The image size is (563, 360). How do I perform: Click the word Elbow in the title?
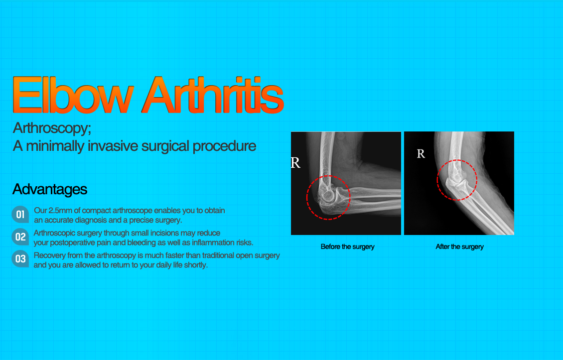pyautogui.click(x=74, y=95)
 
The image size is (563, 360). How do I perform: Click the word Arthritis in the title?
pyautogui.click(x=212, y=95)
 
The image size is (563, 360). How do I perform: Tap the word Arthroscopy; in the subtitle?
pyautogui.click(x=52, y=128)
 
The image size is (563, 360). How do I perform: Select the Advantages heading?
pyautogui.click(x=50, y=189)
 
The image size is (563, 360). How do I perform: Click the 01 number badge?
pyautogui.click(x=20, y=215)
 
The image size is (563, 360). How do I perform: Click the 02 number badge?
pyautogui.click(x=20, y=237)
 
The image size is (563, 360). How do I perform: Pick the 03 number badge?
pyautogui.click(x=20, y=259)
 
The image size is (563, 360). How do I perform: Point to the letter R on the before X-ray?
pyautogui.click(x=295, y=163)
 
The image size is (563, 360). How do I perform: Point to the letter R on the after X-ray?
pyautogui.click(x=421, y=154)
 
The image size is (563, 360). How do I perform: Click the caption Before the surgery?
pyautogui.click(x=347, y=246)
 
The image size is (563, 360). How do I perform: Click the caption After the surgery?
pyautogui.click(x=459, y=246)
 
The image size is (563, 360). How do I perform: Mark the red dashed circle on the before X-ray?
pyautogui.click(x=328, y=197)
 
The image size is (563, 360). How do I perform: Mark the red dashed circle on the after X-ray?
pyautogui.click(x=457, y=179)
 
